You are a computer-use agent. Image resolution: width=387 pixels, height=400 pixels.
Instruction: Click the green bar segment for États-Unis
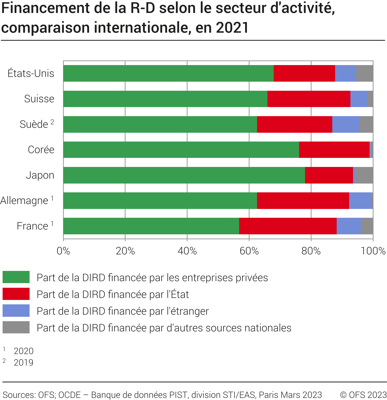pos(168,73)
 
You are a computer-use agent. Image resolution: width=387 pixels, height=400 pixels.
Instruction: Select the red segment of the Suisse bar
pos(309,99)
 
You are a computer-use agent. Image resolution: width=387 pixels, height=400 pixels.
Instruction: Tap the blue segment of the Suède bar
pos(346,124)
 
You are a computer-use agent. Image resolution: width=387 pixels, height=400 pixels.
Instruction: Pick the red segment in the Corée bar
pos(334,150)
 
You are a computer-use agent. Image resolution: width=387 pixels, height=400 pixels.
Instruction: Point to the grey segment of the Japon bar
pos(363,175)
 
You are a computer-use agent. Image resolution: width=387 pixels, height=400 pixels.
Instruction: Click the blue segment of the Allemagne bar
pos(360,201)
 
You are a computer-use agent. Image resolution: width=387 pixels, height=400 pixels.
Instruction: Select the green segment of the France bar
pos(151,226)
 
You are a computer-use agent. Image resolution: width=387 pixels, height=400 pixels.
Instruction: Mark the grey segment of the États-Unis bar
pos(365,73)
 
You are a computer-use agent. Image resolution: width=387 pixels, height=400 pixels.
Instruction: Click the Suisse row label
pos(39,99)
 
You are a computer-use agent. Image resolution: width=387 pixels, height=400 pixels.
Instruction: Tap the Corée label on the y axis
pos(41,150)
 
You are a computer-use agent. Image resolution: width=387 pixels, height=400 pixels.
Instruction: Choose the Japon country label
pos(40,175)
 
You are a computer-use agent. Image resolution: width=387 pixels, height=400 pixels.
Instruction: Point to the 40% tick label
pos(187,251)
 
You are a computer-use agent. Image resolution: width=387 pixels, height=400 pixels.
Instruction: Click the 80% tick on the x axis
pos(311,251)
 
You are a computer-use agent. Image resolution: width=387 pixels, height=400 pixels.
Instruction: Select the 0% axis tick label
pos(63,251)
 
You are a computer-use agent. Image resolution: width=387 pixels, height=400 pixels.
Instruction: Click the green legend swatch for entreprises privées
pos(16,277)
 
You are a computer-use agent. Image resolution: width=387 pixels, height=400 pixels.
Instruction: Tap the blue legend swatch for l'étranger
pos(16,311)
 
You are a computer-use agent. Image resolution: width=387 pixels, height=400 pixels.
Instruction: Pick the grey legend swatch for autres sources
pos(16,327)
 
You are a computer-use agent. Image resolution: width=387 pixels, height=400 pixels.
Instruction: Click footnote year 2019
pos(24,362)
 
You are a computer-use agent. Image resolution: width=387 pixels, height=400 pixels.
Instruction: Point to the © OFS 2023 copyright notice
pos(363,395)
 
